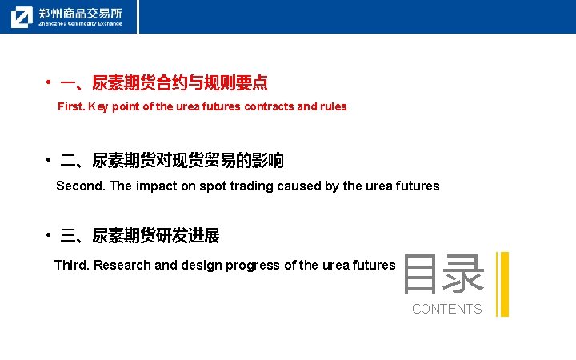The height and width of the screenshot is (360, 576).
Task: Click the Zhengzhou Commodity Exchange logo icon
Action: click(22, 17)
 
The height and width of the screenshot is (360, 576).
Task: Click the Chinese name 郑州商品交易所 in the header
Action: click(80, 13)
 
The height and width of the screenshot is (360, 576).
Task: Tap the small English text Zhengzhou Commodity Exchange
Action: click(80, 24)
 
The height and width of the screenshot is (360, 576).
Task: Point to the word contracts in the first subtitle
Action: click(269, 106)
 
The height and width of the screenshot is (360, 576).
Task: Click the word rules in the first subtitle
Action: click(333, 106)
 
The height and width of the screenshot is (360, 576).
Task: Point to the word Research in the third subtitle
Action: click(122, 265)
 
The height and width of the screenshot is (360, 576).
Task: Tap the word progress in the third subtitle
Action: click(250, 265)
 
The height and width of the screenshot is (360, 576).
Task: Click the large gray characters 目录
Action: click(443, 274)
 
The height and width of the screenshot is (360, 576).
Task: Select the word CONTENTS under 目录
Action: click(446, 309)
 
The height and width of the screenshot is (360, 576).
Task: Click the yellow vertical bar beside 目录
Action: click(502, 284)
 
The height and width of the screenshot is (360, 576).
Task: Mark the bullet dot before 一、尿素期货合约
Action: click(49, 82)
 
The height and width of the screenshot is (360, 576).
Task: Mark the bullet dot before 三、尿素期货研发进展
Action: click(49, 235)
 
